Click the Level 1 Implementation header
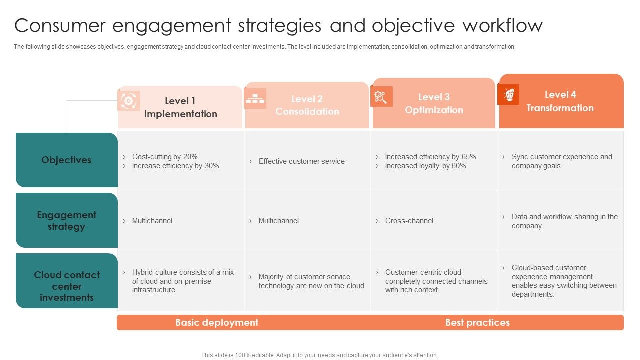pyautogui.click(x=180, y=107)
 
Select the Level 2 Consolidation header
pyautogui.click(x=307, y=105)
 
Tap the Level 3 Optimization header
pyautogui.click(x=434, y=103)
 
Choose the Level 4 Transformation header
pyautogui.click(x=560, y=101)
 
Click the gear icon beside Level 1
pyautogui.click(x=128, y=101)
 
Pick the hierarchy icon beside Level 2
pyautogui.click(x=255, y=98)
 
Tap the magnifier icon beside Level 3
pyautogui.click(x=381, y=96)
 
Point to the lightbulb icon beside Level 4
pyautogui.click(x=509, y=94)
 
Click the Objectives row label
pyautogui.click(x=66, y=160)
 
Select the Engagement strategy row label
pyautogui.click(x=66, y=221)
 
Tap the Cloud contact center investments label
pyautogui.click(x=67, y=286)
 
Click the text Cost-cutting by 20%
pyautogui.click(x=165, y=157)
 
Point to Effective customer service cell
pyautogui.click(x=301, y=161)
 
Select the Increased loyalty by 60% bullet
pyautogui.click(x=425, y=166)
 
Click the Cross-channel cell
pyautogui.click(x=409, y=221)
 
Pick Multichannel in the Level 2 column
pyautogui.click(x=278, y=221)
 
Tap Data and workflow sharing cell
pyautogui.click(x=564, y=221)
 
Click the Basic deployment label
pyautogui.click(x=217, y=323)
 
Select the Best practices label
pyautogui.click(x=477, y=323)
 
